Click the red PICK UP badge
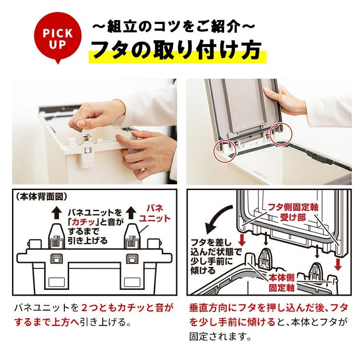[x=58, y=37]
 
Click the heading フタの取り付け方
[x=177, y=50]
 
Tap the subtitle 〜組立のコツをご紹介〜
[x=174, y=26]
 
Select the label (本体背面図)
[x=42, y=196]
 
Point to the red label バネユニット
[x=155, y=213]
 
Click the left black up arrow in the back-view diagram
[x=57, y=212]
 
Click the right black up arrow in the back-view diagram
[x=132, y=212]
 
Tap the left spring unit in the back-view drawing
[x=57, y=237]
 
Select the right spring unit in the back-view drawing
[x=132, y=237]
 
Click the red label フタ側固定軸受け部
[x=293, y=212]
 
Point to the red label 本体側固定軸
[x=282, y=283]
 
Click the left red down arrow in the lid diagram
[x=242, y=240]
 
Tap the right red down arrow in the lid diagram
[x=338, y=264]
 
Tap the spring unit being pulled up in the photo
[x=87, y=147]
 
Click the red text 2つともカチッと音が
[x=128, y=308]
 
